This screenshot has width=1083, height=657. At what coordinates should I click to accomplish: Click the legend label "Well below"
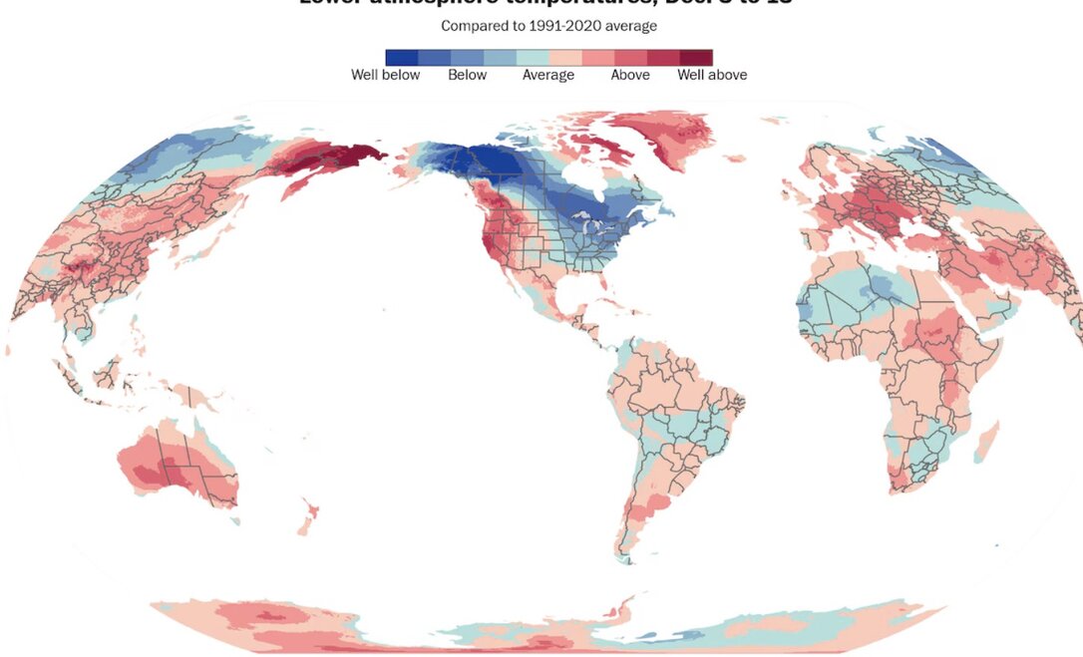click(x=385, y=75)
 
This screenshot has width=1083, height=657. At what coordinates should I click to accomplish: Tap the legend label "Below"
click(x=467, y=75)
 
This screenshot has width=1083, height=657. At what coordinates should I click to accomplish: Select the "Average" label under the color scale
click(x=548, y=75)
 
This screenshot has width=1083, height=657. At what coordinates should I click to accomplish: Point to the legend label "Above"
click(x=630, y=75)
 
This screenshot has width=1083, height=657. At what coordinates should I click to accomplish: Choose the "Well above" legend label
click(x=712, y=75)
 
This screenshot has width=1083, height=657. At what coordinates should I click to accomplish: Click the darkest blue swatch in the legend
click(x=402, y=57)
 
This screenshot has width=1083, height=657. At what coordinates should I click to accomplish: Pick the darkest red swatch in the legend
click(x=697, y=57)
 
